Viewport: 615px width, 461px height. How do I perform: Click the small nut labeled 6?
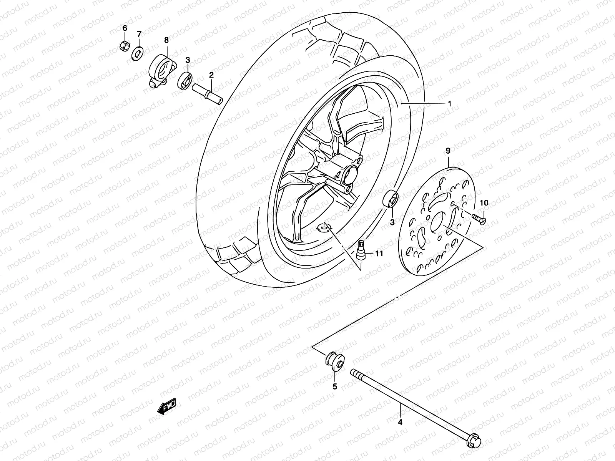[x=124, y=46]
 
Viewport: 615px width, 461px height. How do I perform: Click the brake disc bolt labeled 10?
[x=479, y=219]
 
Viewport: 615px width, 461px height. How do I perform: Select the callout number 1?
[x=449, y=93]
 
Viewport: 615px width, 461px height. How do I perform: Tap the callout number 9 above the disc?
[x=448, y=151]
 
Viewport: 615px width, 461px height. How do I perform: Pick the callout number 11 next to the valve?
[x=379, y=254]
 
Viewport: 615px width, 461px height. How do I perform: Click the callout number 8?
[x=166, y=40]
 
